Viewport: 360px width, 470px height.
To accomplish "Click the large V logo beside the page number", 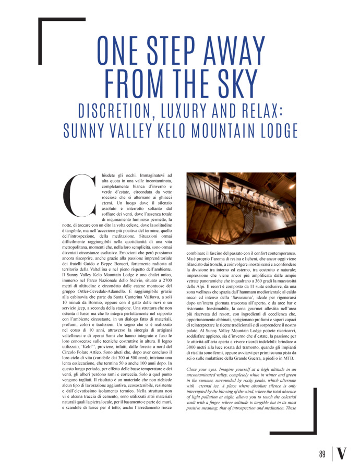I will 341,453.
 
